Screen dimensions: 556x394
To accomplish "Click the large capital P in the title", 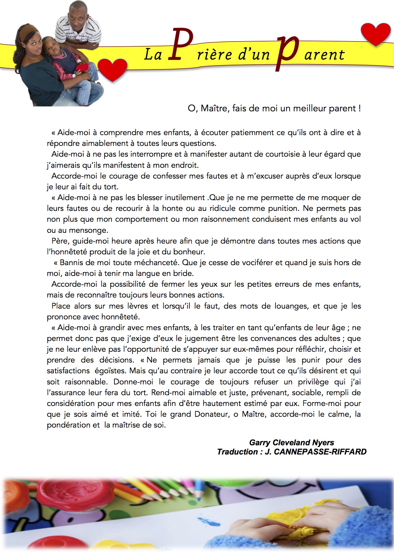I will click(x=180, y=44).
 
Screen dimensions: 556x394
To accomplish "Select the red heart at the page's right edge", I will click(x=376, y=34).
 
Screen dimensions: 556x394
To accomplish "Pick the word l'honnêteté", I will click(x=67, y=252).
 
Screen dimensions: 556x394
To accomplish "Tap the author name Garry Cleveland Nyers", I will click(x=291, y=442).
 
